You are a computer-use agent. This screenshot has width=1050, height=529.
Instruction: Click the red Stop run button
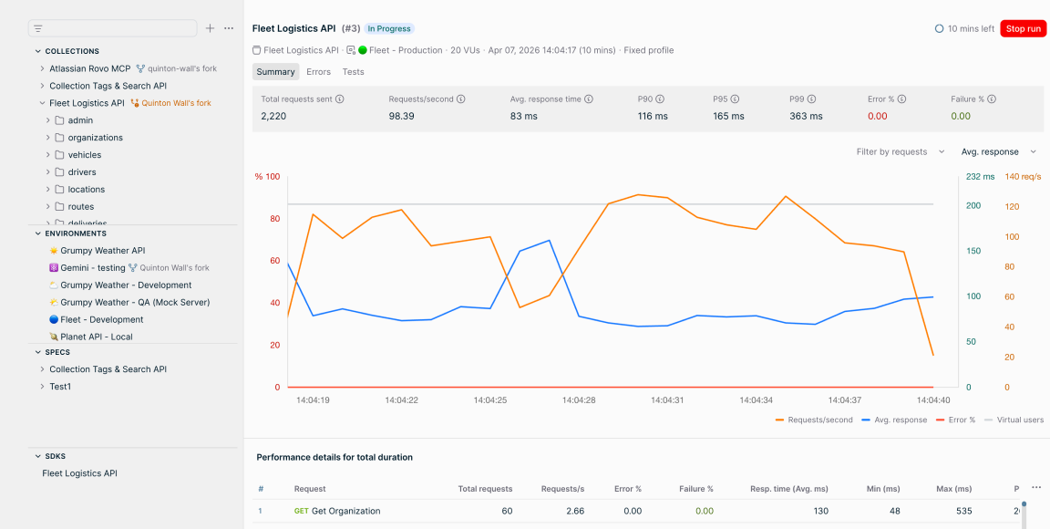point(1022,29)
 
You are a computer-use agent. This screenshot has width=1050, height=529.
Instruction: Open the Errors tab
point(319,72)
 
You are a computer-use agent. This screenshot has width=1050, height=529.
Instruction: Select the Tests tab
point(353,72)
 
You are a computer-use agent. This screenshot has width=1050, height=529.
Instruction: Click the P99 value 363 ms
point(807,116)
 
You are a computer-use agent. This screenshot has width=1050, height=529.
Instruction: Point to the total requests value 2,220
point(273,116)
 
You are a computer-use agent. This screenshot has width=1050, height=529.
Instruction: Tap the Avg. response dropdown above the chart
point(998,152)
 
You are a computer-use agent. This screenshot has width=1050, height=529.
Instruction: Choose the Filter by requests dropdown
point(901,152)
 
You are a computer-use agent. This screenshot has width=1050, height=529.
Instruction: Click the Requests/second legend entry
point(814,420)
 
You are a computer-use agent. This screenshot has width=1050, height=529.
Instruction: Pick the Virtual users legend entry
point(1014,420)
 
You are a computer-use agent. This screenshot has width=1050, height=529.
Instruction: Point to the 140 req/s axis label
point(1023,177)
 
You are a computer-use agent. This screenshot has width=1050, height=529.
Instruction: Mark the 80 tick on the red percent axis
point(276,219)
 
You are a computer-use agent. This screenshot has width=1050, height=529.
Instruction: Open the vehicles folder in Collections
point(85,155)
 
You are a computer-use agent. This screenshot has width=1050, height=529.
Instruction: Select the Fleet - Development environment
point(102,320)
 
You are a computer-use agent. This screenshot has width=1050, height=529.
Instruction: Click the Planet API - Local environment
point(96,337)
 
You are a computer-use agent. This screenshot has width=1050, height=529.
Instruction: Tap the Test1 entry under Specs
point(60,387)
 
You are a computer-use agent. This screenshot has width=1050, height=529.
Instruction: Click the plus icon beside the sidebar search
point(211,28)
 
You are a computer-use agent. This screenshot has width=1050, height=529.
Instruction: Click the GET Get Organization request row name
point(337,511)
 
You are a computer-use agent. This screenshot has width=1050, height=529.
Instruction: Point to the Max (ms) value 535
point(963,511)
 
